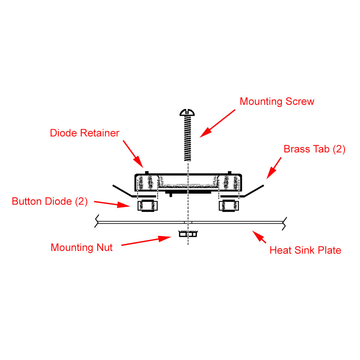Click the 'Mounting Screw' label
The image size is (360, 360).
pos(277,102)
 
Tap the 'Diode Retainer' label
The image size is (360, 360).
pos(85,133)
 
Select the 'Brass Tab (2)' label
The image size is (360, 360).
pos(314,149)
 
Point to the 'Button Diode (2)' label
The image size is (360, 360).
pos(50,201)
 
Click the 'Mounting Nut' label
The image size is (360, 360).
pos(82,248)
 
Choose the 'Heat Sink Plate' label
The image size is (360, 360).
pos(305,250)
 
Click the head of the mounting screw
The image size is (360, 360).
pos(188,112)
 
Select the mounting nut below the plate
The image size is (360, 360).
pos(188,234)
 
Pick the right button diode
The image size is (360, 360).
pos(228,206)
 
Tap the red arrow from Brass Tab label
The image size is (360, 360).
pos(274,168)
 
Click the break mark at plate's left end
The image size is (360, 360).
pos(97,221)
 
